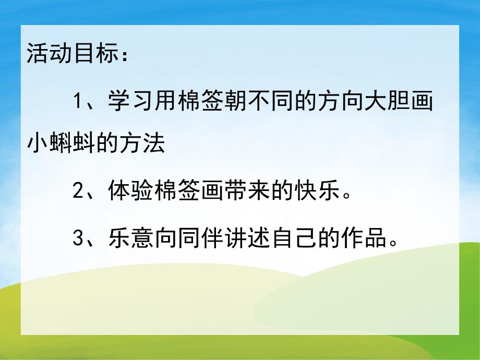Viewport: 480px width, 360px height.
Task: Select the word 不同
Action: (270, 101)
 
